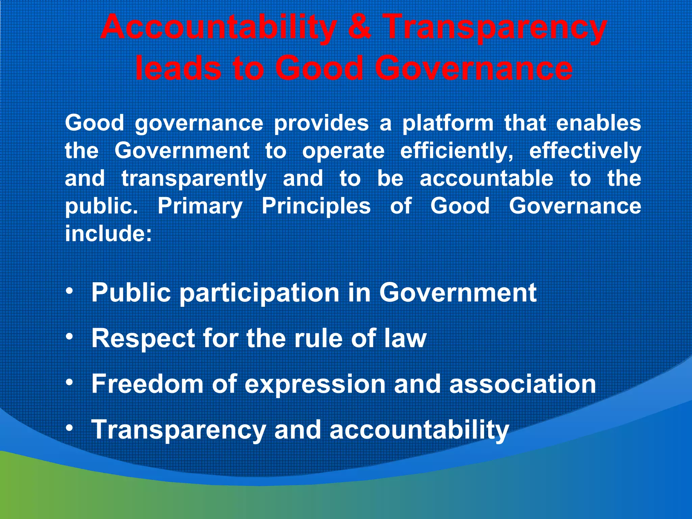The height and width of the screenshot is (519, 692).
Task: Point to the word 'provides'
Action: (x=321, y=123)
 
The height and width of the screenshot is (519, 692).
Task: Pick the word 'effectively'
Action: (x=585, y=151)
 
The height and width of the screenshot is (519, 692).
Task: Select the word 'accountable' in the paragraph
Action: (x=487, y=178)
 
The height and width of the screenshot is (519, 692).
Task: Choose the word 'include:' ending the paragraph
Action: (x=108, y=233)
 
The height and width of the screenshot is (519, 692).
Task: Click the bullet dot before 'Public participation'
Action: (x=69, y=291)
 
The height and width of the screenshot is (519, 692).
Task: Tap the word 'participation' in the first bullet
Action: (x=259, y=293)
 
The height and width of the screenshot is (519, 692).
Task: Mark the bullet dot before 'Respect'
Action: (x=69, y=337)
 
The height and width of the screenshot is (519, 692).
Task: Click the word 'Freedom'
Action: (x=147, y=384)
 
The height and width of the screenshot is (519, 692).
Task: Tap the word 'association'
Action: (x=522, y=384)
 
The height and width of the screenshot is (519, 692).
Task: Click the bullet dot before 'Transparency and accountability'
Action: (x=69, y=428)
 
